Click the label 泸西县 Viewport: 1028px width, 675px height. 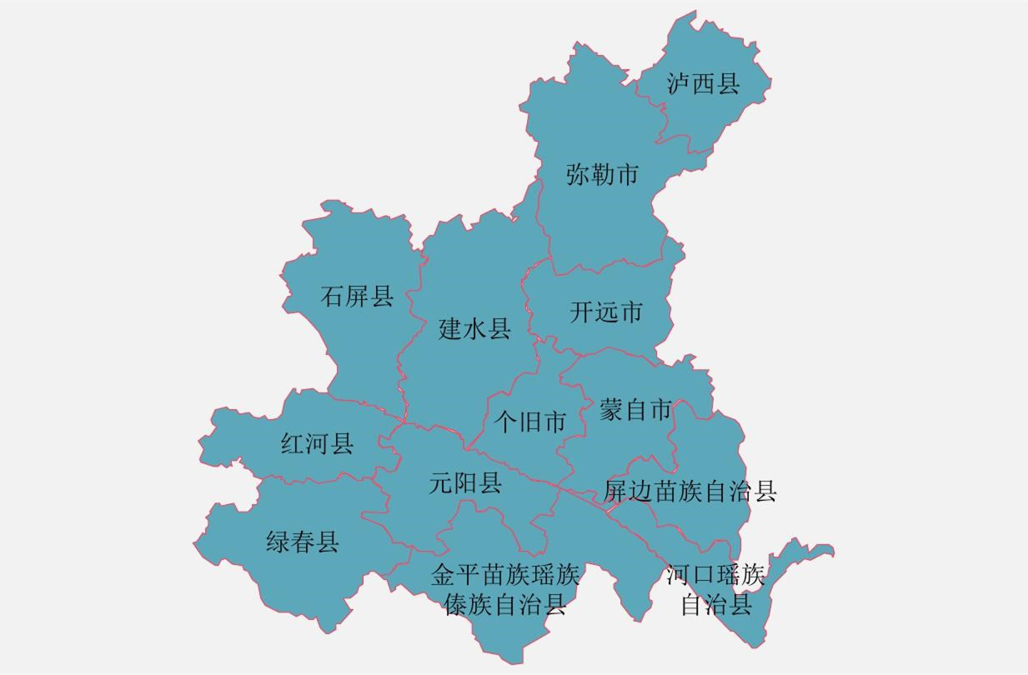tap(703, 83)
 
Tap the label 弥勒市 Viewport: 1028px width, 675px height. tap(602, 175)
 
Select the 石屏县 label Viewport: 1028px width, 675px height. tap(357, 296)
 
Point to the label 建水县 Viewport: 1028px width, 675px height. tap(474, 329)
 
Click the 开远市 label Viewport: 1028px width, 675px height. tap(606, 312)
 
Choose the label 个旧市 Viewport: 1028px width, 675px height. tap(529, 422)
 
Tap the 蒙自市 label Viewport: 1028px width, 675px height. tap(635, 410)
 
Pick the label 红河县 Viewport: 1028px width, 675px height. tap(317, 444)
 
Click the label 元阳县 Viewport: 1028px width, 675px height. tap(465, 482)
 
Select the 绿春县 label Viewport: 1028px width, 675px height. tap(303, 542)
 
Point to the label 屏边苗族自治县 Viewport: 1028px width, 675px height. tap(690, 491)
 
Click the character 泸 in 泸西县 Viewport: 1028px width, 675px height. tap(679, 83)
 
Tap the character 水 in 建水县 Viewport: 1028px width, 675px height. tap(474, 329)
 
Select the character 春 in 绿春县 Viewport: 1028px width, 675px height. tap(303, 542)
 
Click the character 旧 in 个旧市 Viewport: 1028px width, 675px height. tap(529, 422)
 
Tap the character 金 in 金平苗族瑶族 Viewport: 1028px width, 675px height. tap(443, 574)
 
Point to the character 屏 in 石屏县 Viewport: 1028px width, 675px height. tap(357, 296)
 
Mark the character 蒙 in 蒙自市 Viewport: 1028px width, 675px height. tap(611, 410)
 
